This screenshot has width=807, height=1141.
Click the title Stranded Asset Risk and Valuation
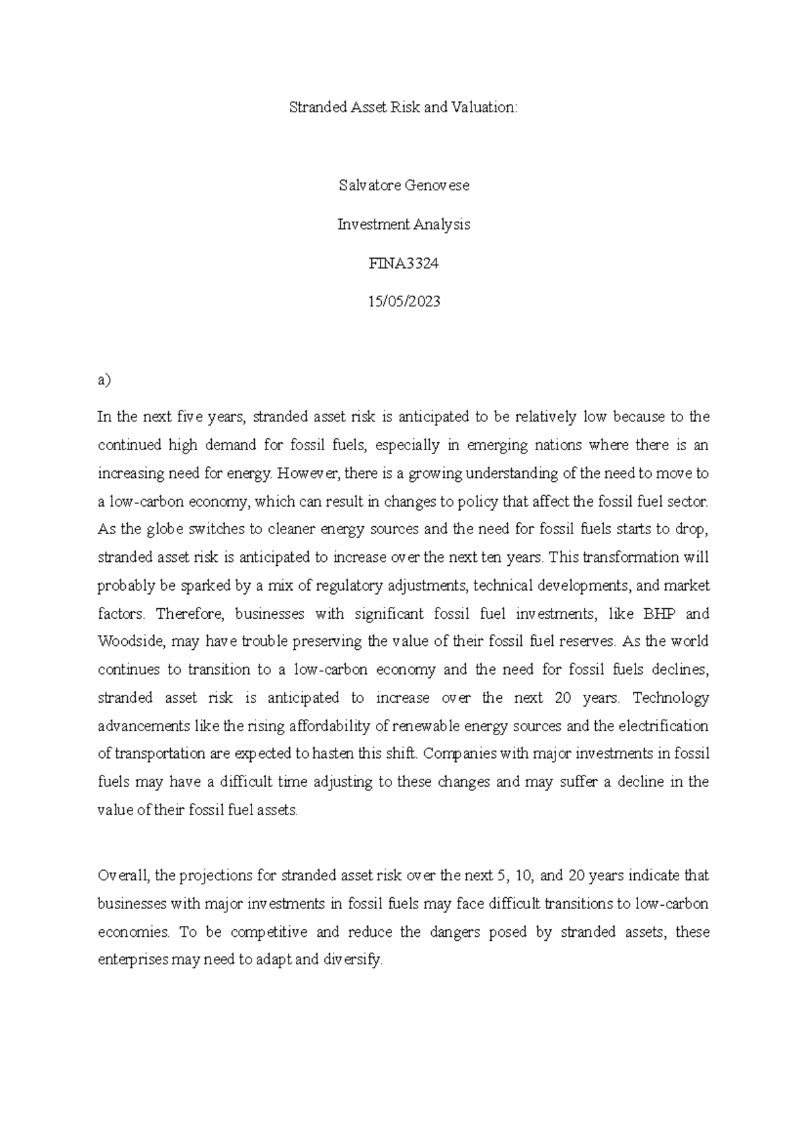click(403, 108)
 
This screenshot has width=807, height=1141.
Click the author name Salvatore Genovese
click(403, 185)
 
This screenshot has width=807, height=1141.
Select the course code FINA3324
click(403, 263)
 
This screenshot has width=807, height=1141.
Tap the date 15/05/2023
click(403, 302)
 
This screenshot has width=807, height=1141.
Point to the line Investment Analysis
click(403, 224)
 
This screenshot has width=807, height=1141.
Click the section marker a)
click(104, 380)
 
